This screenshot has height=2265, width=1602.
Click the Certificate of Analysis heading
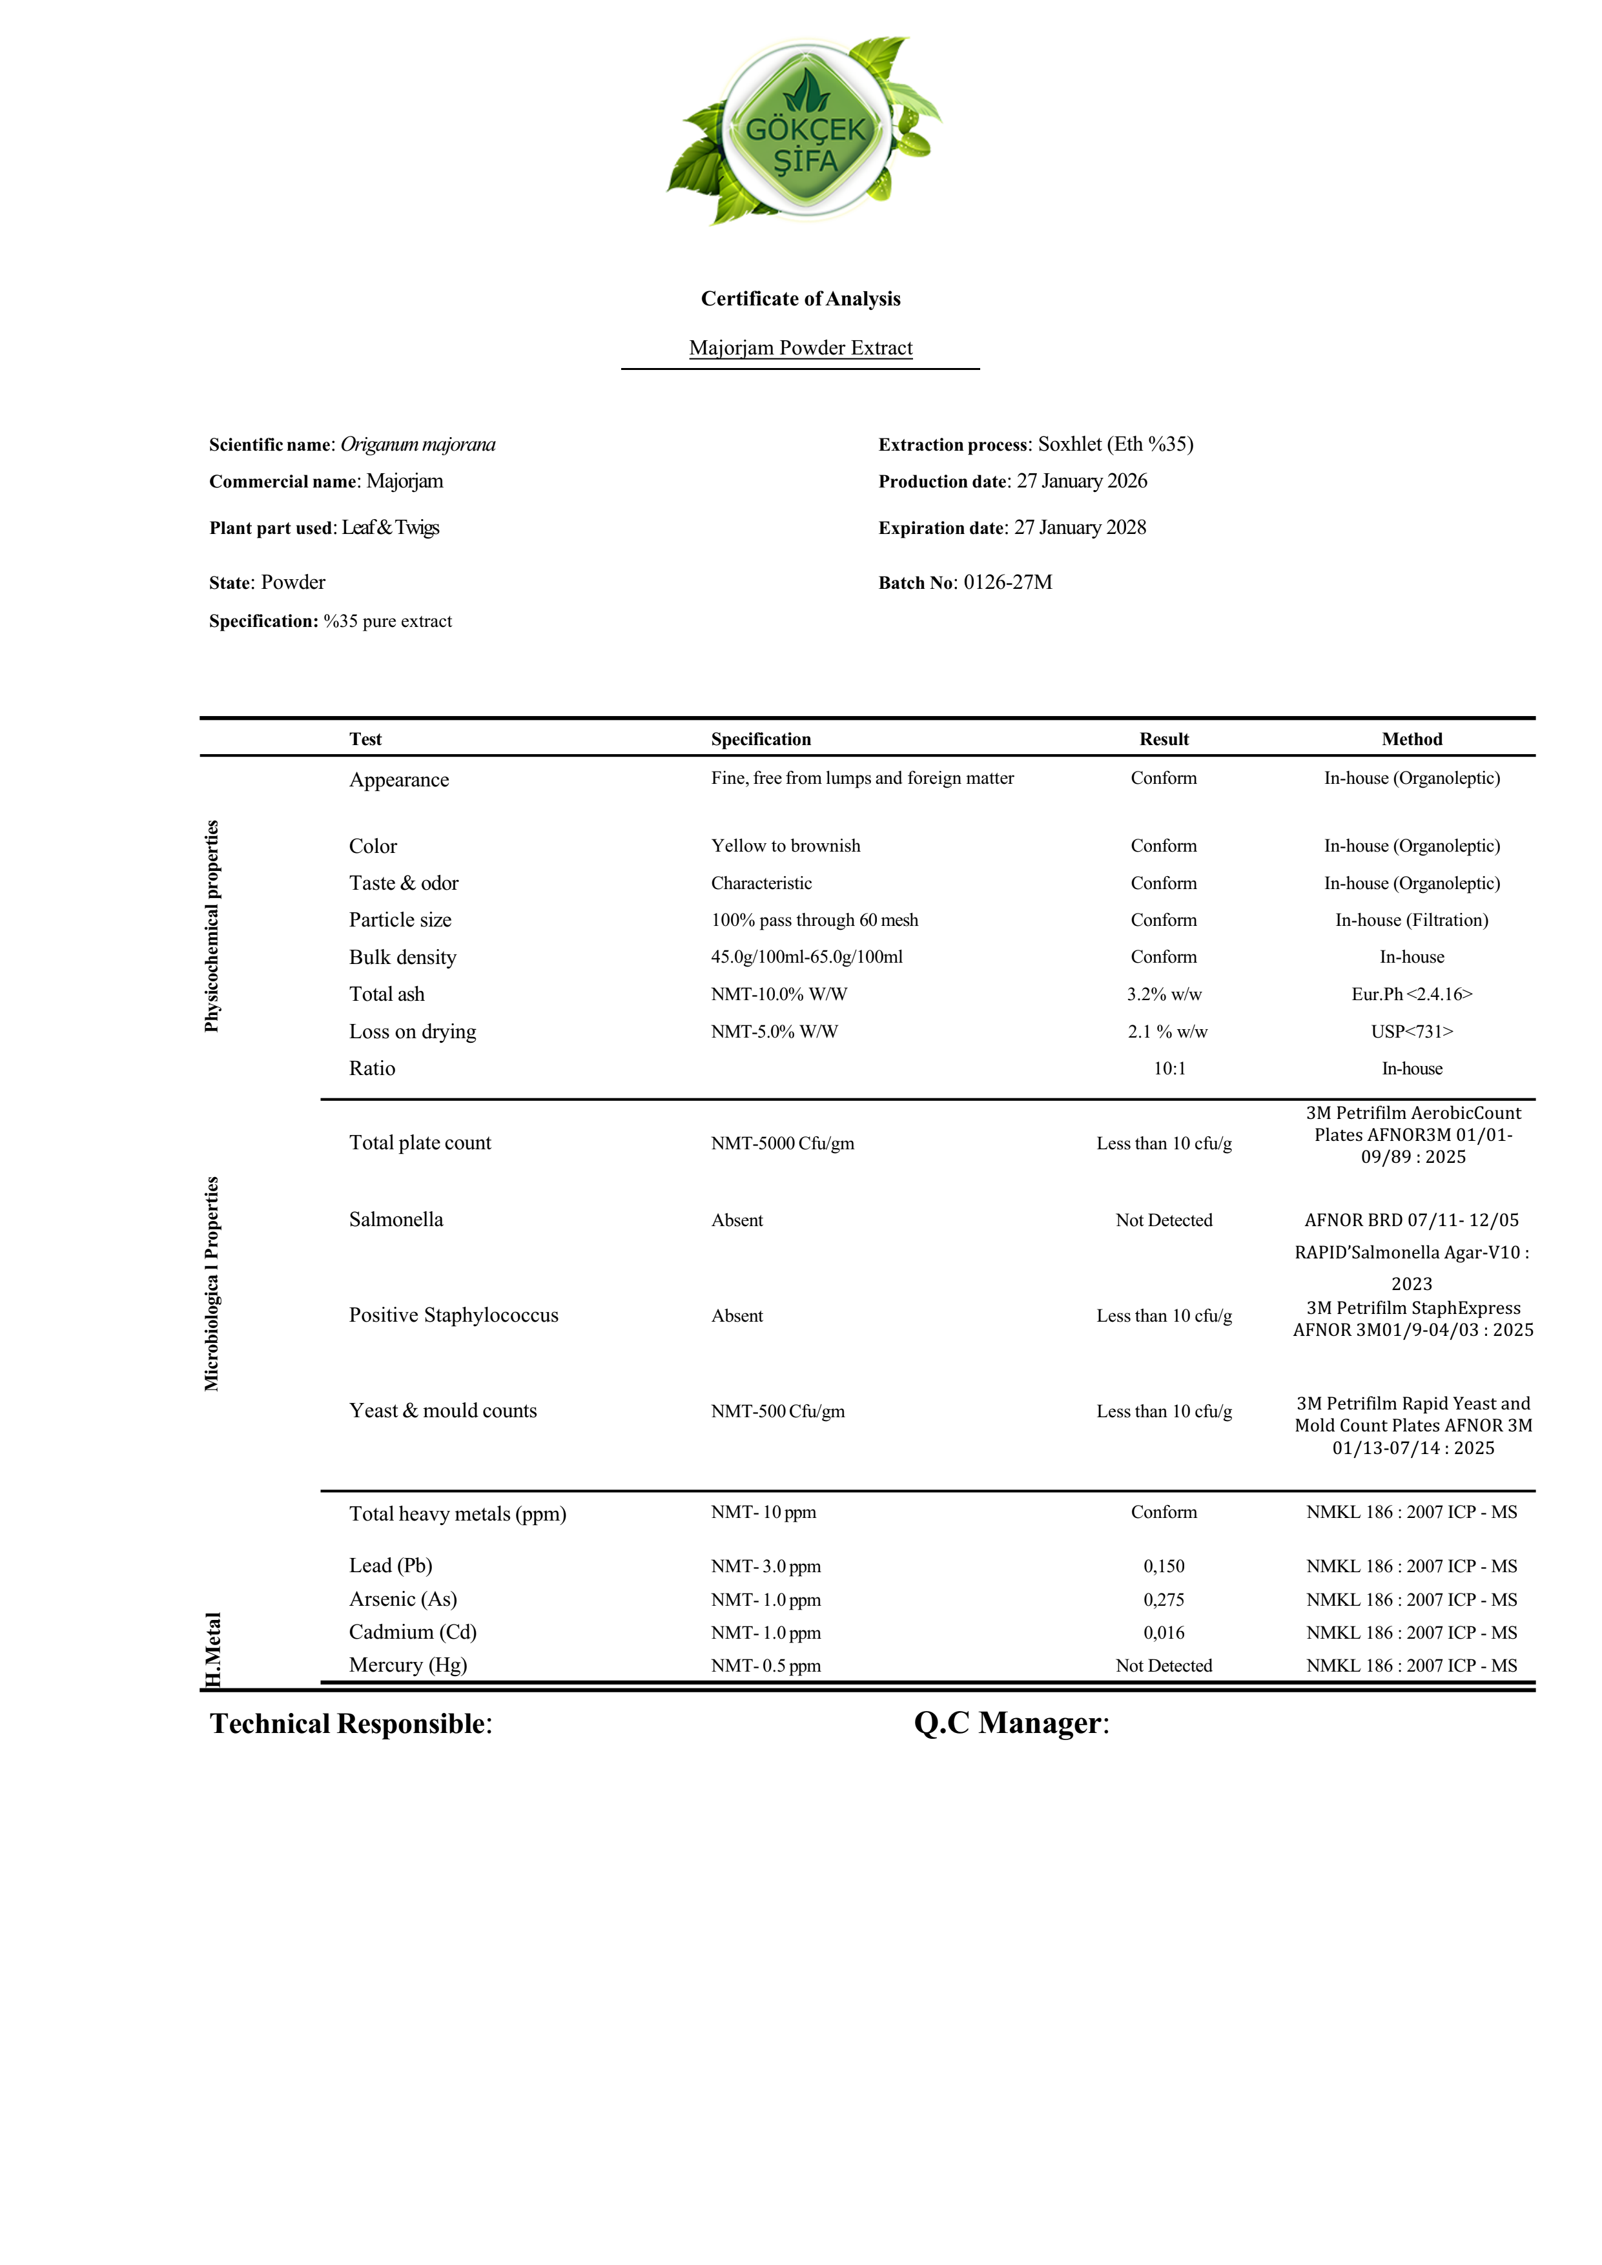tap(800, 299)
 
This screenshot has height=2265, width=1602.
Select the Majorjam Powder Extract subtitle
tap(800, 348)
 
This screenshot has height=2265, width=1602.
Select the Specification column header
tap(761, 739)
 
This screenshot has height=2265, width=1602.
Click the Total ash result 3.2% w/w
tap(1164, 994)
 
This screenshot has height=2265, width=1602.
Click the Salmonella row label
tap(396, 1219)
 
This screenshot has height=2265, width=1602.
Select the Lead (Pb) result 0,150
tap(1164, 1566)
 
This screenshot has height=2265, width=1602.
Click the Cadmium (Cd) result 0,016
tap(1164, 1633)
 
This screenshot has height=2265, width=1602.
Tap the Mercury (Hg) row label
tap(407, 1665)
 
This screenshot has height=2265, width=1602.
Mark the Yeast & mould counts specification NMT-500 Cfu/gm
tap(777, 1411)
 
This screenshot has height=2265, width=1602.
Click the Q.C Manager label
tap(1011, 1723)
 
